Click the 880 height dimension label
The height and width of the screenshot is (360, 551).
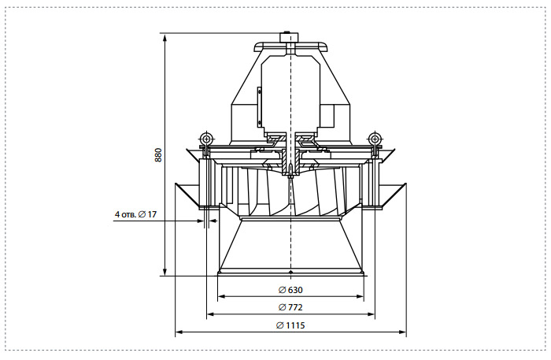coord(158,154)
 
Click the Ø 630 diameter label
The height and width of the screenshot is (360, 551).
coord(290,290)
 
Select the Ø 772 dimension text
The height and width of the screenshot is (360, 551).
coord(290,308)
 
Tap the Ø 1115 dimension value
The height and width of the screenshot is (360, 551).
coord(290,325)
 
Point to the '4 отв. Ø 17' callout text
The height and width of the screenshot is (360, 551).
coord(135,214)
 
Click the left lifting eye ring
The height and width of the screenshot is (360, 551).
coord(206,137)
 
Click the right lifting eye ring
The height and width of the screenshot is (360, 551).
coord(374,137)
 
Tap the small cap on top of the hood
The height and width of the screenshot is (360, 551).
coord(288,37)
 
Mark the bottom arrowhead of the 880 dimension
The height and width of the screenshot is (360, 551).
coord(165,272)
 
